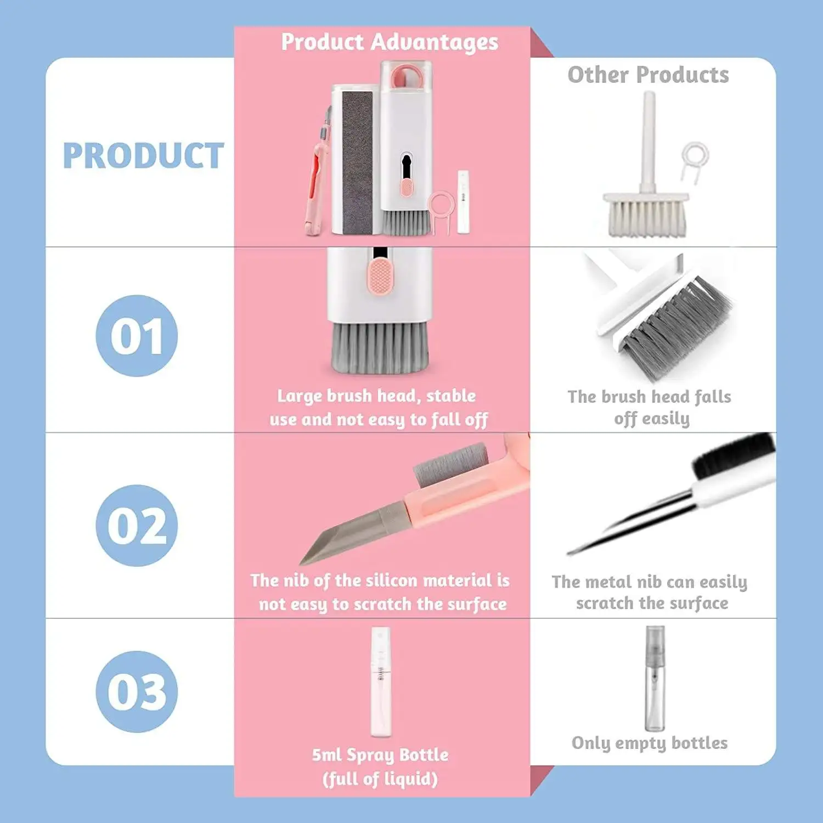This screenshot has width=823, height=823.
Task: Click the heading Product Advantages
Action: click(x=390, y=42)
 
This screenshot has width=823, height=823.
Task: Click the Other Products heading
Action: click(x=648, y=75)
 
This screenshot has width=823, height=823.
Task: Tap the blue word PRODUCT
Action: click(x=143, y=156)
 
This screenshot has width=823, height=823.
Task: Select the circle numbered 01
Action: click(x=137, y=336)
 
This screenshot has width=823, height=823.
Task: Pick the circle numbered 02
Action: click(x=137, y=525)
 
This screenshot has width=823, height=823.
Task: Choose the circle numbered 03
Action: click(x=137, y=691)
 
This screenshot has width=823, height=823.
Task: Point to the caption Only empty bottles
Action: click(x=650, y=743)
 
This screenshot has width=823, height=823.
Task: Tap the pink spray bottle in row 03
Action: click(x=380, y=682)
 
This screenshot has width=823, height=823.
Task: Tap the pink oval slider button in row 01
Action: click(x=378, y=275)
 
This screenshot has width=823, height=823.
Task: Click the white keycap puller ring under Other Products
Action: click(x=695, y=156)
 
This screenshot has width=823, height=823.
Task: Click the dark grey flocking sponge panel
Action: click(x=357, y=162)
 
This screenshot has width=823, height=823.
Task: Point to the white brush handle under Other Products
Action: click(x=649, y=140)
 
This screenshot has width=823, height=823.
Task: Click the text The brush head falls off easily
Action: click(x=650, y=407)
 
